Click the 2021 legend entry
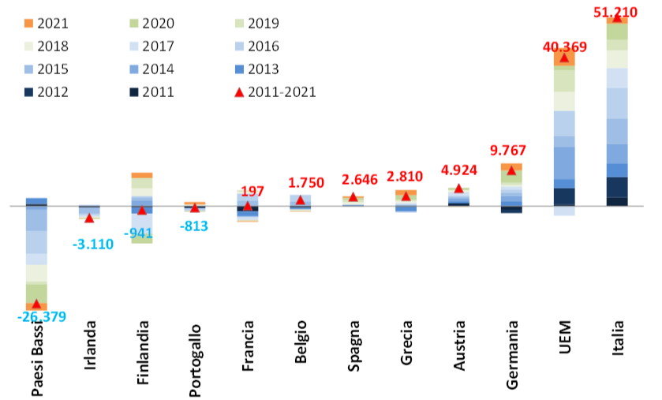(47, 23)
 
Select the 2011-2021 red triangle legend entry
(275, 92)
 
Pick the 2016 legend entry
(257, 46)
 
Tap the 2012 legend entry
(47, 92)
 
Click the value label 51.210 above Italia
(615, 13)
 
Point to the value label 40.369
(564, 47)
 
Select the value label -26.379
(42, 316)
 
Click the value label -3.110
(93, 244)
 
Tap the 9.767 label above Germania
(508, 150)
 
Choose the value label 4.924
(459, 170)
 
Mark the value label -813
(194, 226)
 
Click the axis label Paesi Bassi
(37, 359)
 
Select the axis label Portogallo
(195, 361)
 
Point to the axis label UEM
(564, 337)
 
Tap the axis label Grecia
(406, 342)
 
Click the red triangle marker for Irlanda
(89, 218)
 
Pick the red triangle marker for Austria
(459, 189)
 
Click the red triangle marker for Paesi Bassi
(36, 304)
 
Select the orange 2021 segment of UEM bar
(564, 58)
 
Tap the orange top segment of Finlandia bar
(142, 175)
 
